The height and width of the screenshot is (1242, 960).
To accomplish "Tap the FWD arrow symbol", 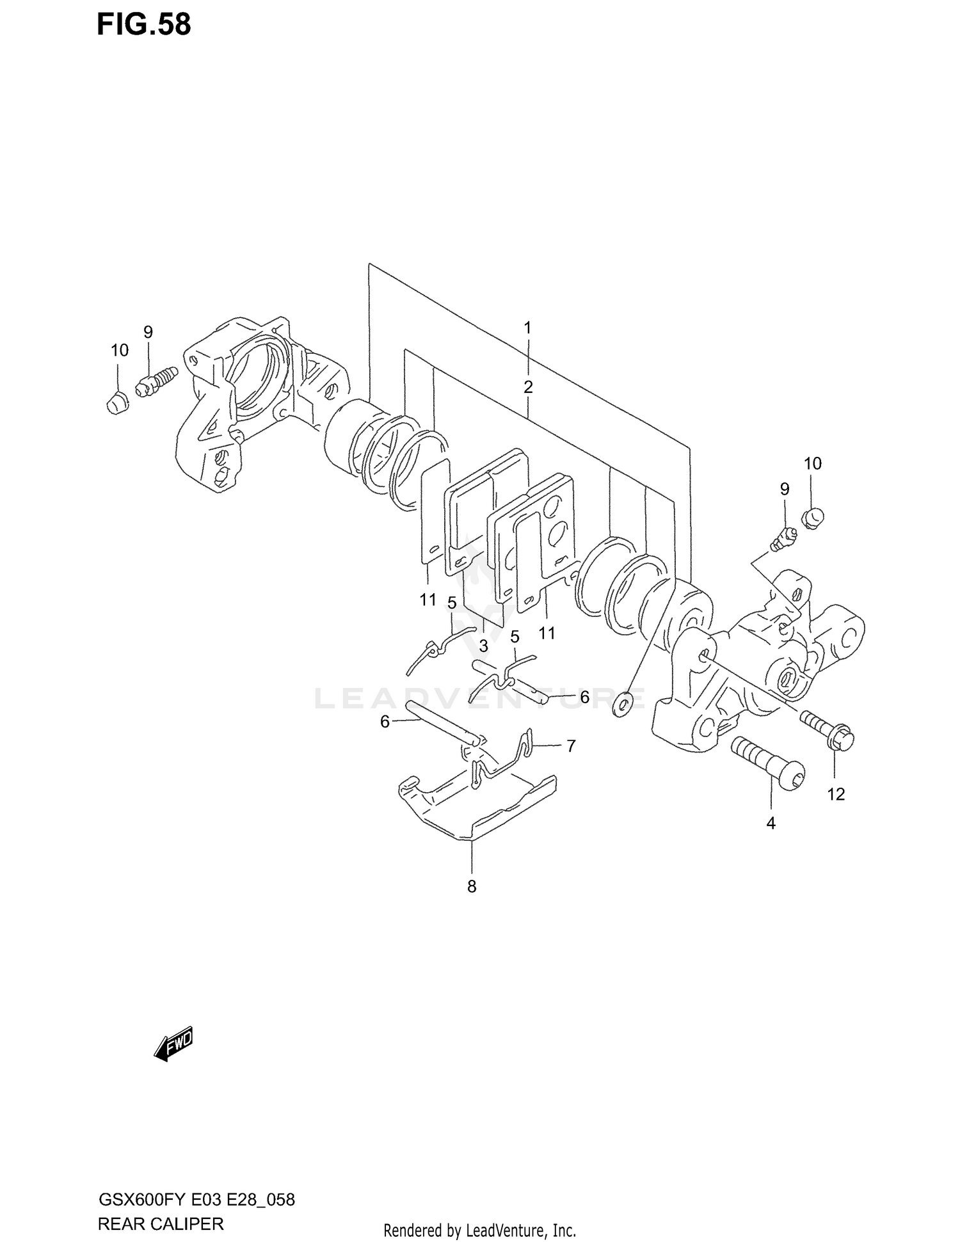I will [173, 1046].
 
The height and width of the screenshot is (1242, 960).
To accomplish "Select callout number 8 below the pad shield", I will [472, 887].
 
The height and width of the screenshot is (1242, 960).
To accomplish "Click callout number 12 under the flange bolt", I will [836, 794].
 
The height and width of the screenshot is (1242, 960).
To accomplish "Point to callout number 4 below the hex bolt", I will [771, 824].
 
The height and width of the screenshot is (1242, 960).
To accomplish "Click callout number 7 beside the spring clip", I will [571, 745].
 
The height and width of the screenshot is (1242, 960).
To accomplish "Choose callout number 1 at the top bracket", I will [527, 328].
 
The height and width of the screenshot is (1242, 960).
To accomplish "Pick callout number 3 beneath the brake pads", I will [483, 646].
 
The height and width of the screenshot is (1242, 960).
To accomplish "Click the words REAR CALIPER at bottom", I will [161, 1224].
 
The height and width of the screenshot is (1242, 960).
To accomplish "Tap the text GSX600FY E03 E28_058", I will [196, 1200].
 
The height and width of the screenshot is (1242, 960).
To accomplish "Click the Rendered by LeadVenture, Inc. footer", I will [479, 1230].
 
